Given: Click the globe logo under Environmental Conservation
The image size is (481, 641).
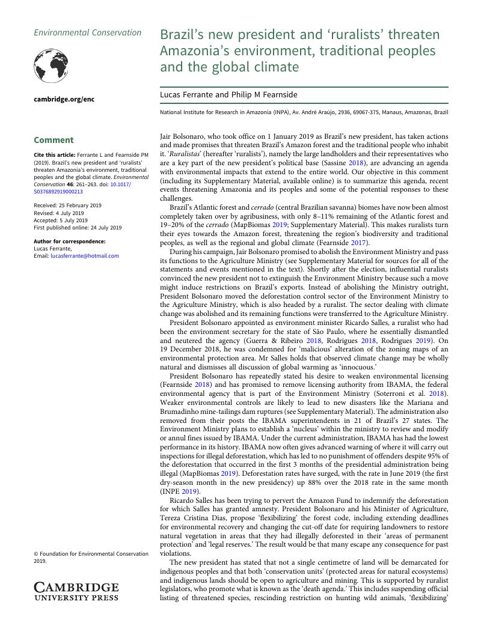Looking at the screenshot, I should point(51,65).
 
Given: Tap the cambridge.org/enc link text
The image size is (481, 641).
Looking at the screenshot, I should point(64,99).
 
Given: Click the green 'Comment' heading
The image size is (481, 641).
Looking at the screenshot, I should point(54,140).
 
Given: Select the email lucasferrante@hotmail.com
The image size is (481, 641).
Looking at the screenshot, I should point(85,256).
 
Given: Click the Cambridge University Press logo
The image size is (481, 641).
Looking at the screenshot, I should point(76,591).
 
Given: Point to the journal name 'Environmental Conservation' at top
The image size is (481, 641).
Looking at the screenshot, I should point(87,33).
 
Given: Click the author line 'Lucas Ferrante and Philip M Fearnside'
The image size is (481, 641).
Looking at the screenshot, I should point(228,95).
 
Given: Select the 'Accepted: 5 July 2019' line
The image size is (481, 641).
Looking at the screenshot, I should point(59,220).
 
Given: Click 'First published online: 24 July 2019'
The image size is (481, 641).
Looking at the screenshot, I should point(78,228).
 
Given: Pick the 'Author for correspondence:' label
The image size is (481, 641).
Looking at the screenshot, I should point(70,242).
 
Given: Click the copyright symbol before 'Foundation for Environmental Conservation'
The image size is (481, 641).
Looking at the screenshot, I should point(36,554).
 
